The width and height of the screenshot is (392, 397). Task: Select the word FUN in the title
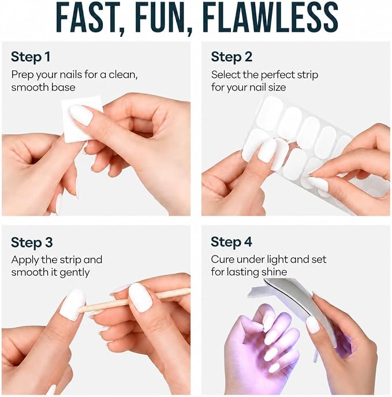pyautogui.click(x=162, y=17)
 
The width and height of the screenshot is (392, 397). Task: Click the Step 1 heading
pyautogui.click(x=31, y=57)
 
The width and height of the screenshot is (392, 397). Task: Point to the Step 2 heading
pyautogui.click(x=232, y=57)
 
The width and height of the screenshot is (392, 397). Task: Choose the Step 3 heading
pyautogui.click(x=32, y=242)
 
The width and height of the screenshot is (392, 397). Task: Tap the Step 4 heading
pyautogui.click(x=232, y=242)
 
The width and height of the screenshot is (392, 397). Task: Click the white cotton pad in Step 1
pyautogui.click(x=83, y=118)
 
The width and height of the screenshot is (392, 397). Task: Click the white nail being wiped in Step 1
pyautogui.click(x=81, y=115)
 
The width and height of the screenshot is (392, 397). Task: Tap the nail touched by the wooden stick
pyautogui.click(x=73, y=305)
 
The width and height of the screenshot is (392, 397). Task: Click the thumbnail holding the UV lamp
pyautogui.click(x=313, y=325)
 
